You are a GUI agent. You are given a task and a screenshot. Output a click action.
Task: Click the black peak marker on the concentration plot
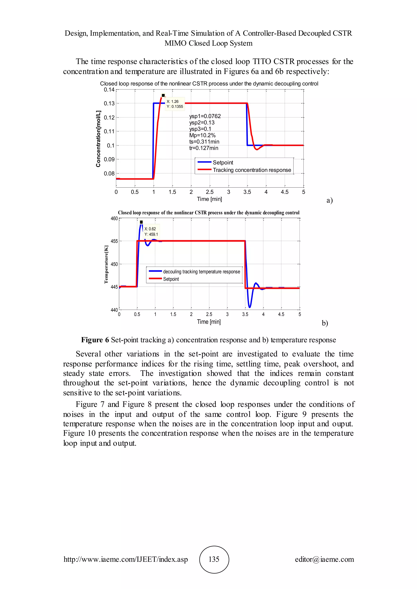pyautogui.click(x=163, y=95)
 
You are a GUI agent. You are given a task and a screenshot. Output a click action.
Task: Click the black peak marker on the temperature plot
pyautogui.click(x=141, y=222)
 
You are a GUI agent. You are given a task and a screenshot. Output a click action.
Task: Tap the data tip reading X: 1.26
pyautogui.click(x=172, y=101)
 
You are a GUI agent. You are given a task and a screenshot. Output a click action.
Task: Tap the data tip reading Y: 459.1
pyautogui.click(x=151, y=235)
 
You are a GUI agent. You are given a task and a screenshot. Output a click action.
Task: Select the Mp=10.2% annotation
pyautogui.click(x=202, y=135)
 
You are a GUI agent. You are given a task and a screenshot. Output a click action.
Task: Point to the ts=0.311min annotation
pyautogui.click(x=204, y=142)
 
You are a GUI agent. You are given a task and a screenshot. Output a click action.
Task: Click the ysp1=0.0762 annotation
pyautogui.click(x=205, y=116)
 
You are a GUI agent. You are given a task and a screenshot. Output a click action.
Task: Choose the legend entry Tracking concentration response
pyautogui.click(x=252, y=170)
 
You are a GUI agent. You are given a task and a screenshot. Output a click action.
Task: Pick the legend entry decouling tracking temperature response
pyautogui.click(x=201, y=272)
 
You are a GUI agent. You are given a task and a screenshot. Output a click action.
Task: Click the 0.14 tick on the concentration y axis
pyautogui.click(x=109, y=90)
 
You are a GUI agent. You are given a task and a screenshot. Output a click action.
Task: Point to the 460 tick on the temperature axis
pyautogui.click(x=114, y=219)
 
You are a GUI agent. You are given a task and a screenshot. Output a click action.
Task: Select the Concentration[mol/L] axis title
pyautogui.click(x=98, y=139)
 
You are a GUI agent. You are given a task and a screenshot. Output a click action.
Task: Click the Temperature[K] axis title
pyautogui.click(x=106, y=264)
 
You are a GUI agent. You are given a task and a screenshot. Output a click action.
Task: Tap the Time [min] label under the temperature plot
pyautogui.click(x=209, y=322)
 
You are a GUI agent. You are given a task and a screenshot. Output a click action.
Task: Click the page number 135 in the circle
pyautogui.click(x=214, y=559)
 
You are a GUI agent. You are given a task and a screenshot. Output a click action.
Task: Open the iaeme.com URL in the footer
pyautogui.click(x=126, y=559)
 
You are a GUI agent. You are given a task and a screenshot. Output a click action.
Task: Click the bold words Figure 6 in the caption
pyautogui.click(x=95, y=340)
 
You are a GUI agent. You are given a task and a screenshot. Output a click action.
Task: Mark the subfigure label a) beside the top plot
pyautogui.click(x=329, y=200)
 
